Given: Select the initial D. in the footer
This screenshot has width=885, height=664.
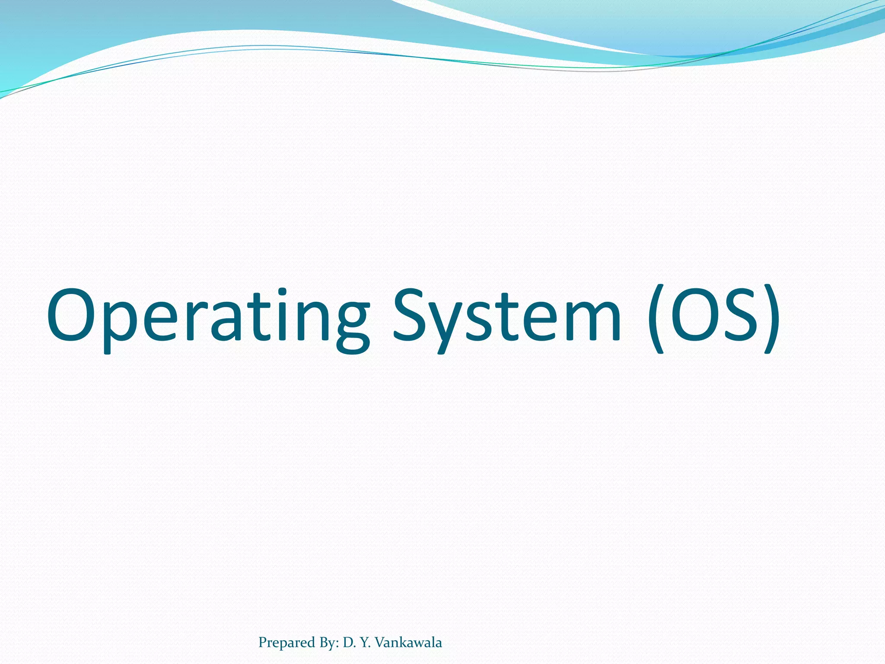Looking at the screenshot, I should click(x=349, y=642).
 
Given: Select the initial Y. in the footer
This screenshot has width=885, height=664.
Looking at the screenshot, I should click(x=365, y=642).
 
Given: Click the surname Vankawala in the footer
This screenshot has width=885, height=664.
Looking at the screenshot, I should click(x=408, y=642).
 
